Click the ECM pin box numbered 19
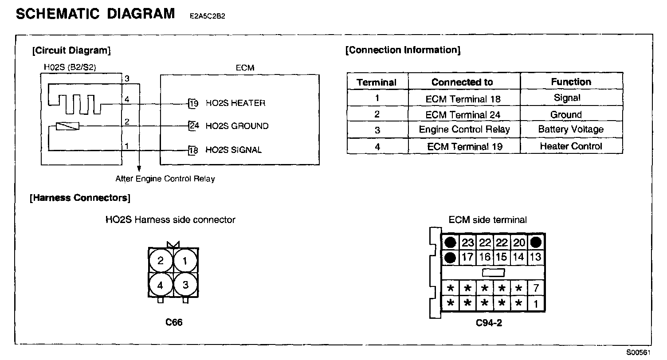[x=193, y=103]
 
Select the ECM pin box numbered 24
[x=193, y=126]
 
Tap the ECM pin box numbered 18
[x=193, y=150]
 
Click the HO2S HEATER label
[x=235, y=103]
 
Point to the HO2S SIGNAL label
[x=233, y=150]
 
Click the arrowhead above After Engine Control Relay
[x=139, y=168]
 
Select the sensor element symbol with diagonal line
[x=67, y=126]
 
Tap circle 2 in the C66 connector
[x=161, y=261]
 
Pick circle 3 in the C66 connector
[x=185, y=285]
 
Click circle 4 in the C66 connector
[x=161, y=285]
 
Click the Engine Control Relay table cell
[x=464, y=129]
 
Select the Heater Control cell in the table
[x=571, y=146]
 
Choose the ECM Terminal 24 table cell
[x=464, y=114]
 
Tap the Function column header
[x=571, y=82]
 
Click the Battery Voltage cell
[x=571, y=129]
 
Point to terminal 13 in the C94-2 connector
[x=535, y=257]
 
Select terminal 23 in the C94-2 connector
[x=467, y=243]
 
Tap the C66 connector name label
[x=174, y=322]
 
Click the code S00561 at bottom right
[x=638, y=352]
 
